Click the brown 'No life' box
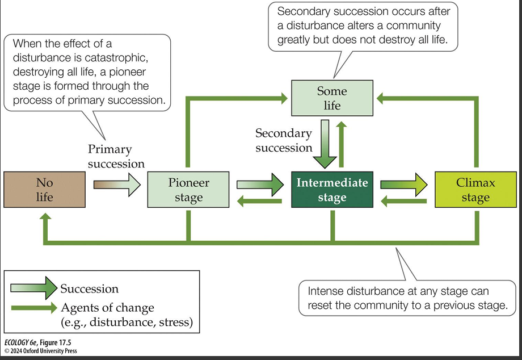pos(44,190)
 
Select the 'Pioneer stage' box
pos(188,190)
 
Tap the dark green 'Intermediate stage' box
pos(332,190)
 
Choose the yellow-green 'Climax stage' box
pos(475,190)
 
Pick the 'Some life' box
pos(332,98)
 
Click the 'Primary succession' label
pos(116,156)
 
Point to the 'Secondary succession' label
pos(284,140)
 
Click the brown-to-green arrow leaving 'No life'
pos(116,184)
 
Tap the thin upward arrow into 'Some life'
pos(342,144)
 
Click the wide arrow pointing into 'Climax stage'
pos(403,184)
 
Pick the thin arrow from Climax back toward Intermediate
pos(403,200)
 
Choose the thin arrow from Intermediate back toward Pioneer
pos(259,200)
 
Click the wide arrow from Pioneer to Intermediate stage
pos(259,184)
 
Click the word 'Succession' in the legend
pos(90,288)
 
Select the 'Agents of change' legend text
pos(107,308)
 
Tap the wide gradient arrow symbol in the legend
pos(33,288)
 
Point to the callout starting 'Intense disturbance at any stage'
pos(406,298)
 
